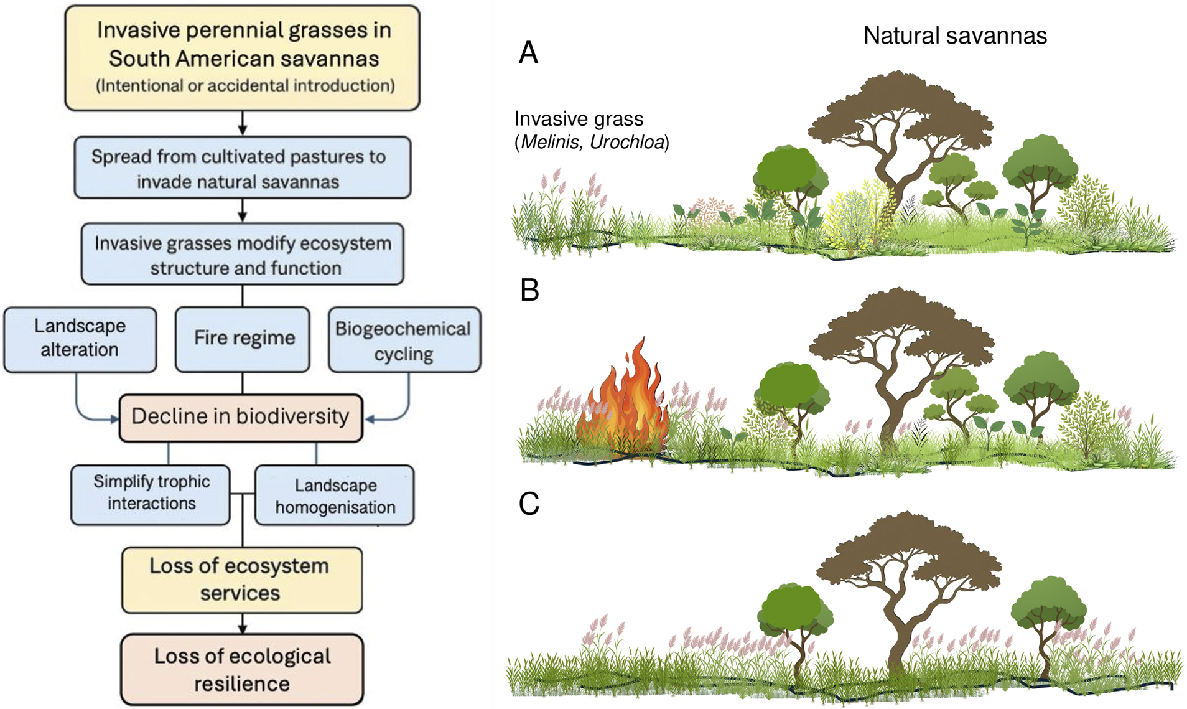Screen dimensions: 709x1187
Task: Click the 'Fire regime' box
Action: (243, 339)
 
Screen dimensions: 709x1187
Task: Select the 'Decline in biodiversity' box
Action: (241, 417)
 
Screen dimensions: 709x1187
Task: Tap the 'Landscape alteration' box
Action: (80, 339)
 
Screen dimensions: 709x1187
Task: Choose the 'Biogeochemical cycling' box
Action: (404, 340)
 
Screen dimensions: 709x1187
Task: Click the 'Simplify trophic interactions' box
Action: (151, 494)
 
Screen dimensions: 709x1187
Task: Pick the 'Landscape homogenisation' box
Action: (335, 496)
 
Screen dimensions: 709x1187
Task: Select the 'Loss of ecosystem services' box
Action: (241, 580)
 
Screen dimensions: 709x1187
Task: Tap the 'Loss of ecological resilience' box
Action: (242, 670)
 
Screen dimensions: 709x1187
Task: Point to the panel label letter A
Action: (528, 52)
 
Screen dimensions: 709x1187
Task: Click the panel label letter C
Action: (529, 504)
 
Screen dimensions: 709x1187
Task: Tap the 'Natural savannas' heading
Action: (955, 35)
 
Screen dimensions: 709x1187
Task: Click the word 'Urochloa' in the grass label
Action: (627, 142)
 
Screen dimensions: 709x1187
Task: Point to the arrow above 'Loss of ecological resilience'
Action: (243, 623)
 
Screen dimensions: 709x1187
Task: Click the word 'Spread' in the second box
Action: (121, 156)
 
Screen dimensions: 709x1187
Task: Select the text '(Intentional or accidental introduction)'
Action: (245, 85)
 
